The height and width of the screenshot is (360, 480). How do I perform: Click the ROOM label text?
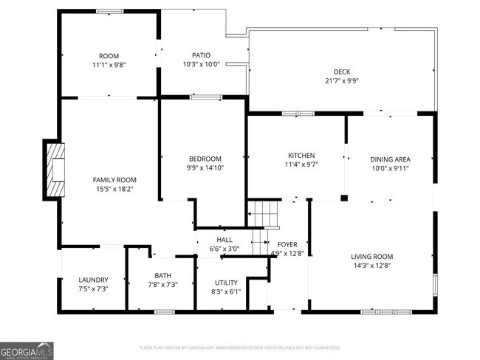point(109,56)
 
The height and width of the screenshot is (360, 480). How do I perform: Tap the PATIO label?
point(201,55)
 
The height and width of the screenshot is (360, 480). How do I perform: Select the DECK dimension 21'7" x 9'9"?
point(341,81)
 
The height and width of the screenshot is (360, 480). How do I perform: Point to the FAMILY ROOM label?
point(114,180)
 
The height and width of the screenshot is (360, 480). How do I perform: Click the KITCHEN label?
point(301,156)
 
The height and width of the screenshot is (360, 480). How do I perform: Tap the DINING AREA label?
point(391,159)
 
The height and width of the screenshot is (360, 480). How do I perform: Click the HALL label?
point(224,240)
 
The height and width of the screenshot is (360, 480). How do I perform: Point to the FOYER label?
point(287,244)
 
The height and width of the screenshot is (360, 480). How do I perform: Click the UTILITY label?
point(226,283)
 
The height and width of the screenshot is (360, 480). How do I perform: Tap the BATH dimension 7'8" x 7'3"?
point(162,284)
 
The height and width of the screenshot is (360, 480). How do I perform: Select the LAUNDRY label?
point(94,280)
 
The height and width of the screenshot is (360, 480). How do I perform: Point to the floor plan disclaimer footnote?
point(239,347)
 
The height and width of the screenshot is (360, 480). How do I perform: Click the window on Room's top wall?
point(109,11)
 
